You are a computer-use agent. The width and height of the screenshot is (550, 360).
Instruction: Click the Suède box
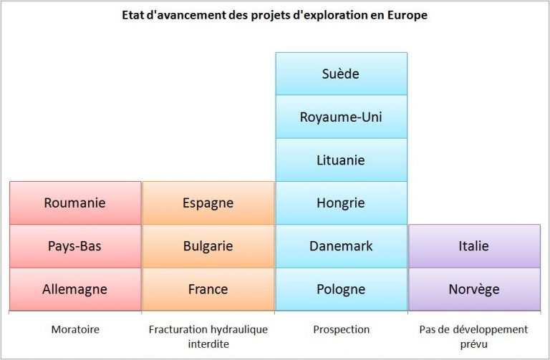click(x=342, y=74)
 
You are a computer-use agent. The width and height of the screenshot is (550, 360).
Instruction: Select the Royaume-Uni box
click(x=342, y=117)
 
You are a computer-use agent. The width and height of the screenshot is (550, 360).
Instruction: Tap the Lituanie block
click(x=342, y=160)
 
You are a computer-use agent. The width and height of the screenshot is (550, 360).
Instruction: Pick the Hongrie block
click(x=342, y=203)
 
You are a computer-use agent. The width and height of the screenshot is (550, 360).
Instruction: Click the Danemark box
click(x=342, y=246)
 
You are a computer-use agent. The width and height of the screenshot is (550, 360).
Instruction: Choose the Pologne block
click(x=342, y=289)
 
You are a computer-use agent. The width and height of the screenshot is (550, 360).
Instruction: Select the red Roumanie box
click(x=75, y=203)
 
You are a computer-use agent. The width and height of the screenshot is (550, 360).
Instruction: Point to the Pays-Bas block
click(x=75, y=246)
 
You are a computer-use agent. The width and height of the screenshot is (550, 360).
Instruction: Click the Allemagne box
click(x=75, y=289)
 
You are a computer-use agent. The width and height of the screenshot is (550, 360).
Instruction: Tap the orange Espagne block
click(x=208, y=203)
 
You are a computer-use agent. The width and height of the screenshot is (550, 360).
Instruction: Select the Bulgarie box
click(x=208, y=246)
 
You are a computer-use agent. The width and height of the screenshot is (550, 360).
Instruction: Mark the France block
click(x=208, y=289)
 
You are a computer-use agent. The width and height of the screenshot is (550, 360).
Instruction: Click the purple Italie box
click(x=474, y=246)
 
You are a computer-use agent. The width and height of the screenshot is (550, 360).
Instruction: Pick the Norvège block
click(x=474, y=289)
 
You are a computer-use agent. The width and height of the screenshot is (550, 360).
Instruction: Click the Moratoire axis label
click(x=75, y=329)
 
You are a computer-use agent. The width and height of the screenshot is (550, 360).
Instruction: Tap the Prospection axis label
click(x=342, y=329)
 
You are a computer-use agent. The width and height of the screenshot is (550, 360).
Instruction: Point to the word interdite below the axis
click(x=208, y=344)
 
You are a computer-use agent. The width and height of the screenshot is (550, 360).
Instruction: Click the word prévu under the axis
click(x=474, y=344)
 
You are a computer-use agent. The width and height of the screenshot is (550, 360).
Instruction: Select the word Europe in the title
click(x=407, y=15)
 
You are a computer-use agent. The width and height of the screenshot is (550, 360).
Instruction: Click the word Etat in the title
click(x=132, y=15)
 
